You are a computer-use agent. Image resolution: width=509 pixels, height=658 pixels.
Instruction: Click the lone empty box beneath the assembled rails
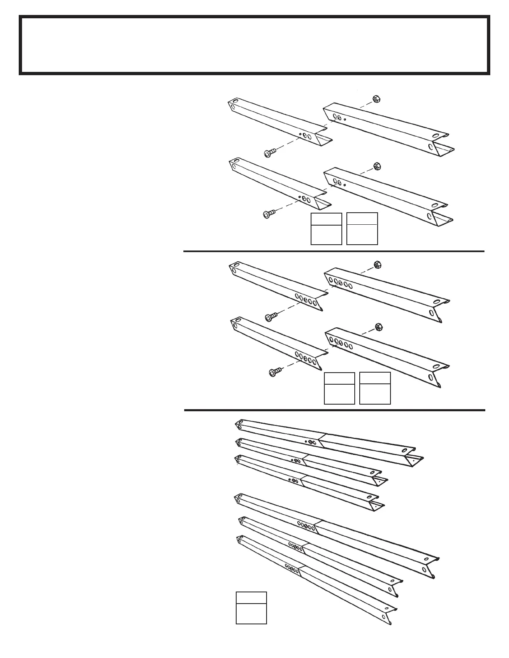coord(251,608)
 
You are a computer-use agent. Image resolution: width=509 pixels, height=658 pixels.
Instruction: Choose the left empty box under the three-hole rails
coord(326,229)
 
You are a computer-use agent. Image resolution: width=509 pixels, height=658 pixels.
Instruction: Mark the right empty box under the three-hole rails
coord(362,229)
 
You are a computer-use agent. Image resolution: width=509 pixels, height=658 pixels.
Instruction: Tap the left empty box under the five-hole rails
coord(339,388)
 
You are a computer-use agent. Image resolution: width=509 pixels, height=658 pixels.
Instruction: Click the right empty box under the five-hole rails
coord(375,388)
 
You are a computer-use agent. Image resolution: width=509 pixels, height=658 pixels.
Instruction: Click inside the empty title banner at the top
coord(254,45)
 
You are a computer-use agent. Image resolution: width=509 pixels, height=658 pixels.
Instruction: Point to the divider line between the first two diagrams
coord(334,251)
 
